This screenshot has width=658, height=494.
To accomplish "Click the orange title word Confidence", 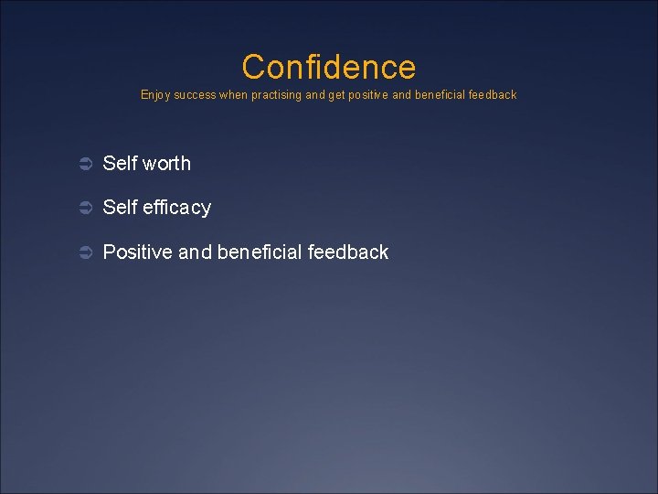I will [328, 67].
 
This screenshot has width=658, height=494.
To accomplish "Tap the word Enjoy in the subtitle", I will [154, 95].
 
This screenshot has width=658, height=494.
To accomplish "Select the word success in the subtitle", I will [194, 95].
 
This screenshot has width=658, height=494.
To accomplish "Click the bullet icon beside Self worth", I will [85, 164].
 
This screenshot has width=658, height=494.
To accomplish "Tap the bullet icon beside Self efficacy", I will [85, 209].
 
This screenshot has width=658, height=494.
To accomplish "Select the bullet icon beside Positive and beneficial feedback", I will [85, 252].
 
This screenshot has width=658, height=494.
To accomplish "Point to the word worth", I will [166, 164].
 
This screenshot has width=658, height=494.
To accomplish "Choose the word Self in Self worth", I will [120, 164].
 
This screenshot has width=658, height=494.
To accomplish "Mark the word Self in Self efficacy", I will [120, 209].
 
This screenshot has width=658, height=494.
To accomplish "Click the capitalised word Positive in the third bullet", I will [137, 252].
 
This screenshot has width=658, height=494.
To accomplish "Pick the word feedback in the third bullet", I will [348, 252].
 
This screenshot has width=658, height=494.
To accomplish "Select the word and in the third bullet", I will [195, 252].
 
